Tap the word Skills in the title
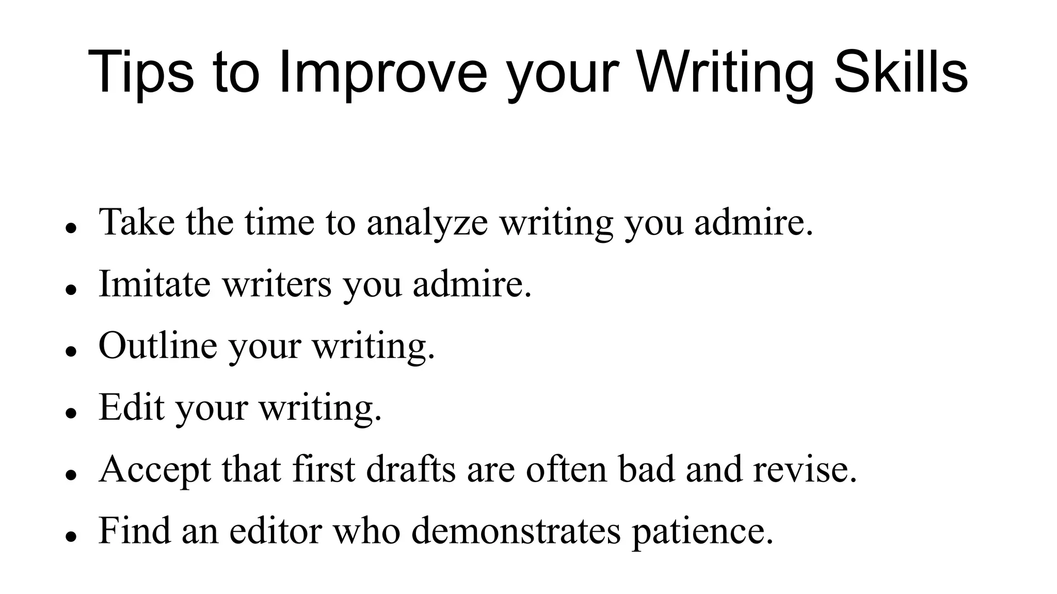pyautogui.click(x=901, y=72)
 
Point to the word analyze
pyautogui.click(x=427, y=223)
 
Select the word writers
pyautogui.click(x=277, y=285)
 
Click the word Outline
pyautogui.click(x=157, y=345)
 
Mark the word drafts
pyautogui.click(x=411, y=469)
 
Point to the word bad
pyautogui.click(x=646, y=469)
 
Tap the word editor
pyautogui.click(x=276, y=531)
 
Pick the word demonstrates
pyautogui.click(x=516, y=531)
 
